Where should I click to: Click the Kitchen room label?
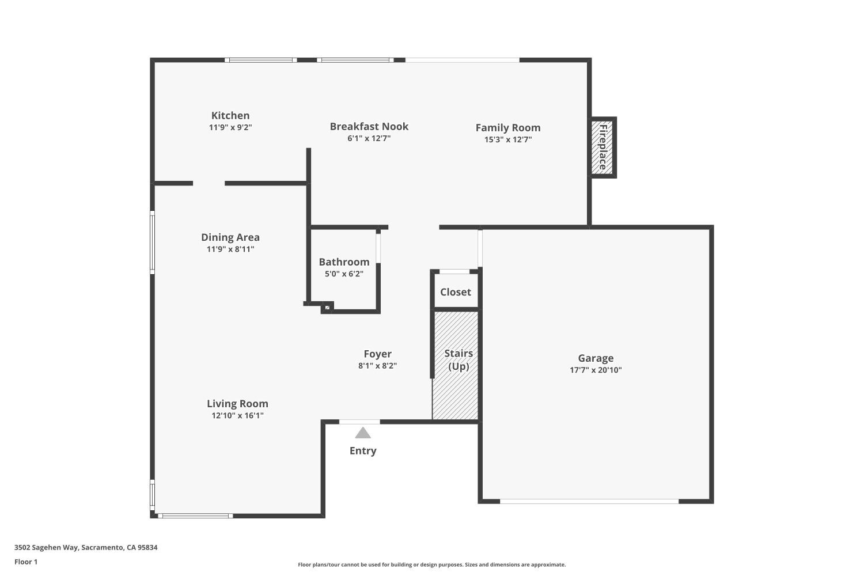(230, 116)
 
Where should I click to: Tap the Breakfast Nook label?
(369, 127)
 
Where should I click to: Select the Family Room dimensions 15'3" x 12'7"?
(507, 139)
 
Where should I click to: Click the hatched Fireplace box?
(602, 147)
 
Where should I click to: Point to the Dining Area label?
(230, 237)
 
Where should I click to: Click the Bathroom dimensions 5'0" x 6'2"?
(344, 274)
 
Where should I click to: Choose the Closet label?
(456, 292)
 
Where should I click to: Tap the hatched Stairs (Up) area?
(456, 392)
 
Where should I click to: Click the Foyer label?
(377, 354)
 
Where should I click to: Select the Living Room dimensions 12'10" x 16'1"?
(237, 416)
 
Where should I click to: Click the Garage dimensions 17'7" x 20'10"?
(596, 370)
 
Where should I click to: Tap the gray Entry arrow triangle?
(362, 433)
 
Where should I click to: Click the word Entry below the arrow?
(363, 451)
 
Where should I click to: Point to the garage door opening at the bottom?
(589, 502)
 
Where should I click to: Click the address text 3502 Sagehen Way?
(86, 548)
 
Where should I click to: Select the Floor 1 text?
(26, 562)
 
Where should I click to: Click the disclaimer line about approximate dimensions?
(431, 565)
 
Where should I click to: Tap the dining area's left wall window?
(153, 241)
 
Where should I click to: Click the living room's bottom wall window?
(195, 516)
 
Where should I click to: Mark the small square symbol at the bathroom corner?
(327, 308)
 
